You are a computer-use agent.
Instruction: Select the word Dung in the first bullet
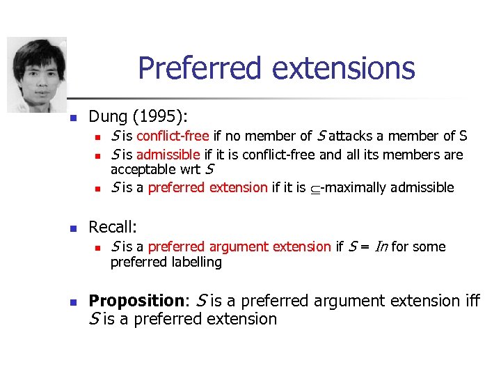coord(106,116)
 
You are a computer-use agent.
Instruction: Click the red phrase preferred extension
coord(207,187)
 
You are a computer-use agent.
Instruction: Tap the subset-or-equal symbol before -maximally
coord(315,188)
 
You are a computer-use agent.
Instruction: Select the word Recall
coord(111,227)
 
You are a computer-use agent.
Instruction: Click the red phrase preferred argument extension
coord(239,246)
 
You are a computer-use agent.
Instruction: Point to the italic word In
coord(381,246)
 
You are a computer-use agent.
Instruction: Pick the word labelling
coord(196,263)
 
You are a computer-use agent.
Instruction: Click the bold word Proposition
coord(135,301)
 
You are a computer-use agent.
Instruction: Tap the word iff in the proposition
coord(472,301)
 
